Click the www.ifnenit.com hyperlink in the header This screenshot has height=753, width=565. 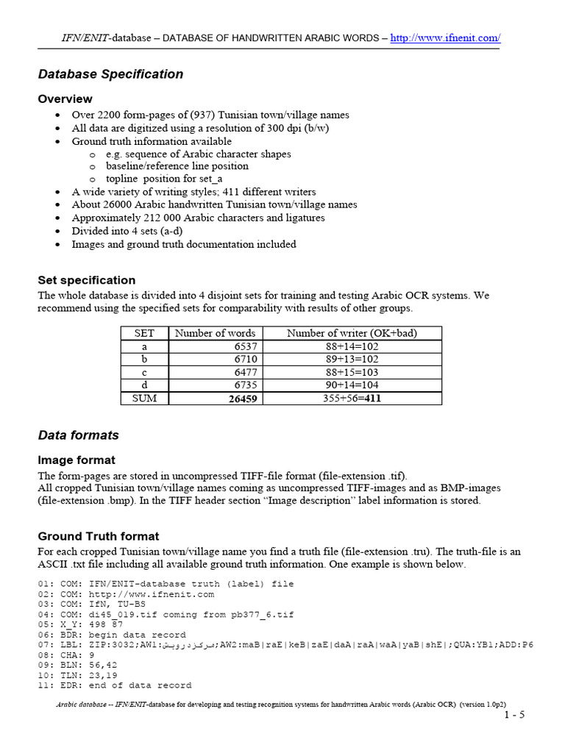pyautogui.click(x=445, y=38)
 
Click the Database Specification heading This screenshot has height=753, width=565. pyautogui.click(x=110, y=74)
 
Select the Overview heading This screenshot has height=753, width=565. pyautogui.click(x=65, y=99)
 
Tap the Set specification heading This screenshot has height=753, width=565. pyautogui.click(x=87, y=280)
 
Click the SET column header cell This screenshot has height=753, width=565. pyautogui.click(x=144, y=333)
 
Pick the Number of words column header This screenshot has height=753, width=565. pyautogui.click(x=215, y=333)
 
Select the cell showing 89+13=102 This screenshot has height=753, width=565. pyautogui.click(x=352, y=359)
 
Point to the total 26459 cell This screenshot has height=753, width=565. pyautogui.click(x=242, y=399)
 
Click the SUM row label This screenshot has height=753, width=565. pyautogui.click(x=144, y=398)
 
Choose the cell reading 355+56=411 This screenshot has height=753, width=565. pyautogui.click(x=352, y=399)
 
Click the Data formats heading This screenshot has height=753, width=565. pyautogui.click(x=78, y=435)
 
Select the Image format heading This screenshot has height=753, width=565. pyautogui.click(x=77, y=460)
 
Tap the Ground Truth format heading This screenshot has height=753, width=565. pyautogui.click(x=98, y=537)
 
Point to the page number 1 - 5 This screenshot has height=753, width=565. pyautogui.click(x=514, y=715)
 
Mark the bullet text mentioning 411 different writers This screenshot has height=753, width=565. pyautogui.click(x=193, y=192)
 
